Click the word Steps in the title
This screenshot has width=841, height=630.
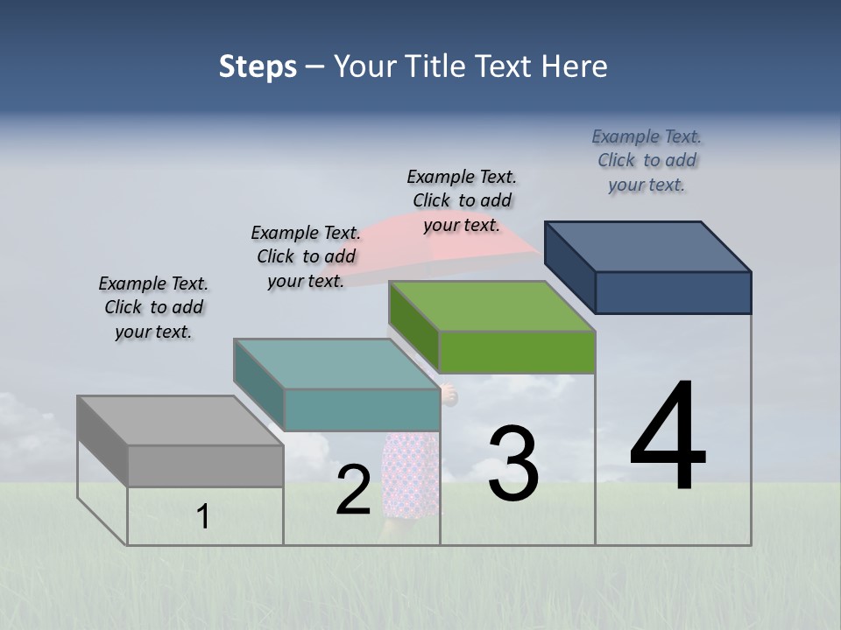[258, 66]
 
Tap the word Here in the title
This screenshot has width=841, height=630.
[572, 66]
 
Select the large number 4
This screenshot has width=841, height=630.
[668, 437]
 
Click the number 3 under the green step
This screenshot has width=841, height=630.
[513, 464]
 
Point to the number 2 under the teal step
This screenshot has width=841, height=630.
[353, 491]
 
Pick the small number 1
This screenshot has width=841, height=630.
[203, 517]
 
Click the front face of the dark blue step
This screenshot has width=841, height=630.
[673, 292]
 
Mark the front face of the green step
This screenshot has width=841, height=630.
[517, 352]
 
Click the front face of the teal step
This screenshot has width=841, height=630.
[362, 409]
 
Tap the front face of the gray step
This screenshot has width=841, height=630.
[205, 465]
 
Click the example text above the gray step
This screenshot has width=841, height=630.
[153, 307]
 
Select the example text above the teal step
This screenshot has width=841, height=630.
[306, 256]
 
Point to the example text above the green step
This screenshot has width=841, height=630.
[462, 200]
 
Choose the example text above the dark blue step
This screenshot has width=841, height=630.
[647, 160]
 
